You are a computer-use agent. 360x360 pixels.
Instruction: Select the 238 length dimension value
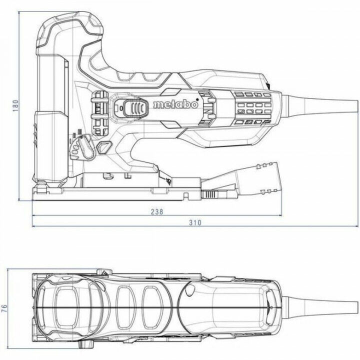156,211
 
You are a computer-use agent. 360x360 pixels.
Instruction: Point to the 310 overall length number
195,223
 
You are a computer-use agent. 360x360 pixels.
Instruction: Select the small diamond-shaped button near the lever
103,146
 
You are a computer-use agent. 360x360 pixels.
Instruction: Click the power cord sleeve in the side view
315,105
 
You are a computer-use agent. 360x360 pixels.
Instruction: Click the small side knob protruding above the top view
103,272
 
